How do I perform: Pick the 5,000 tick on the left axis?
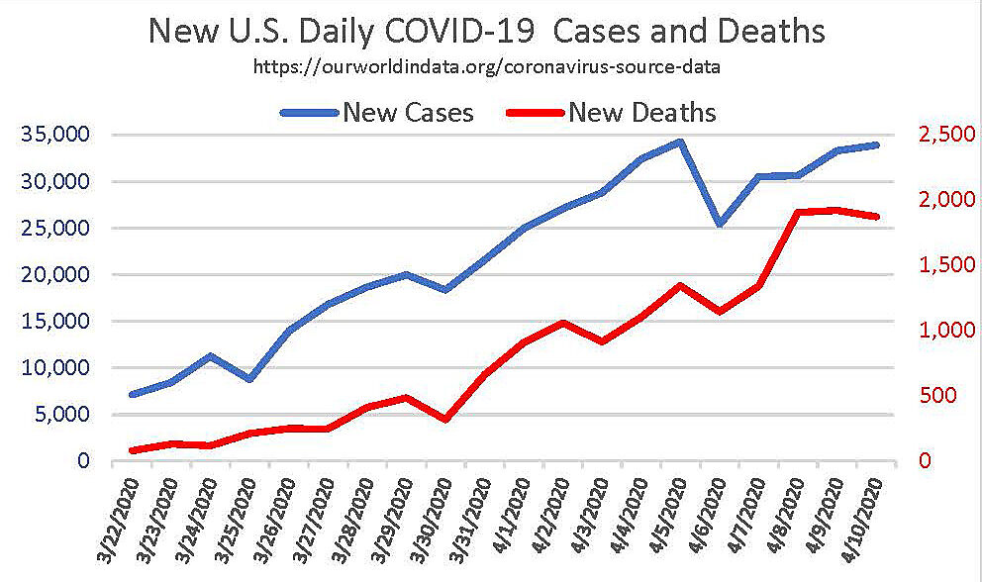point(61,415)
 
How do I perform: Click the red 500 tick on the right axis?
point(946,397)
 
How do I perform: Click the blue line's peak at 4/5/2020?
point(680,142)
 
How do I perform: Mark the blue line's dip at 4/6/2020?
point(720,225)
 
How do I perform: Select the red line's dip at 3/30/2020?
point(445,420)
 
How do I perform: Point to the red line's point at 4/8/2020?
point(798,212)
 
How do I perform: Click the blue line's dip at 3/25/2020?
point(250,379)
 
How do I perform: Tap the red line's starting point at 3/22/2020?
point(133,450)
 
